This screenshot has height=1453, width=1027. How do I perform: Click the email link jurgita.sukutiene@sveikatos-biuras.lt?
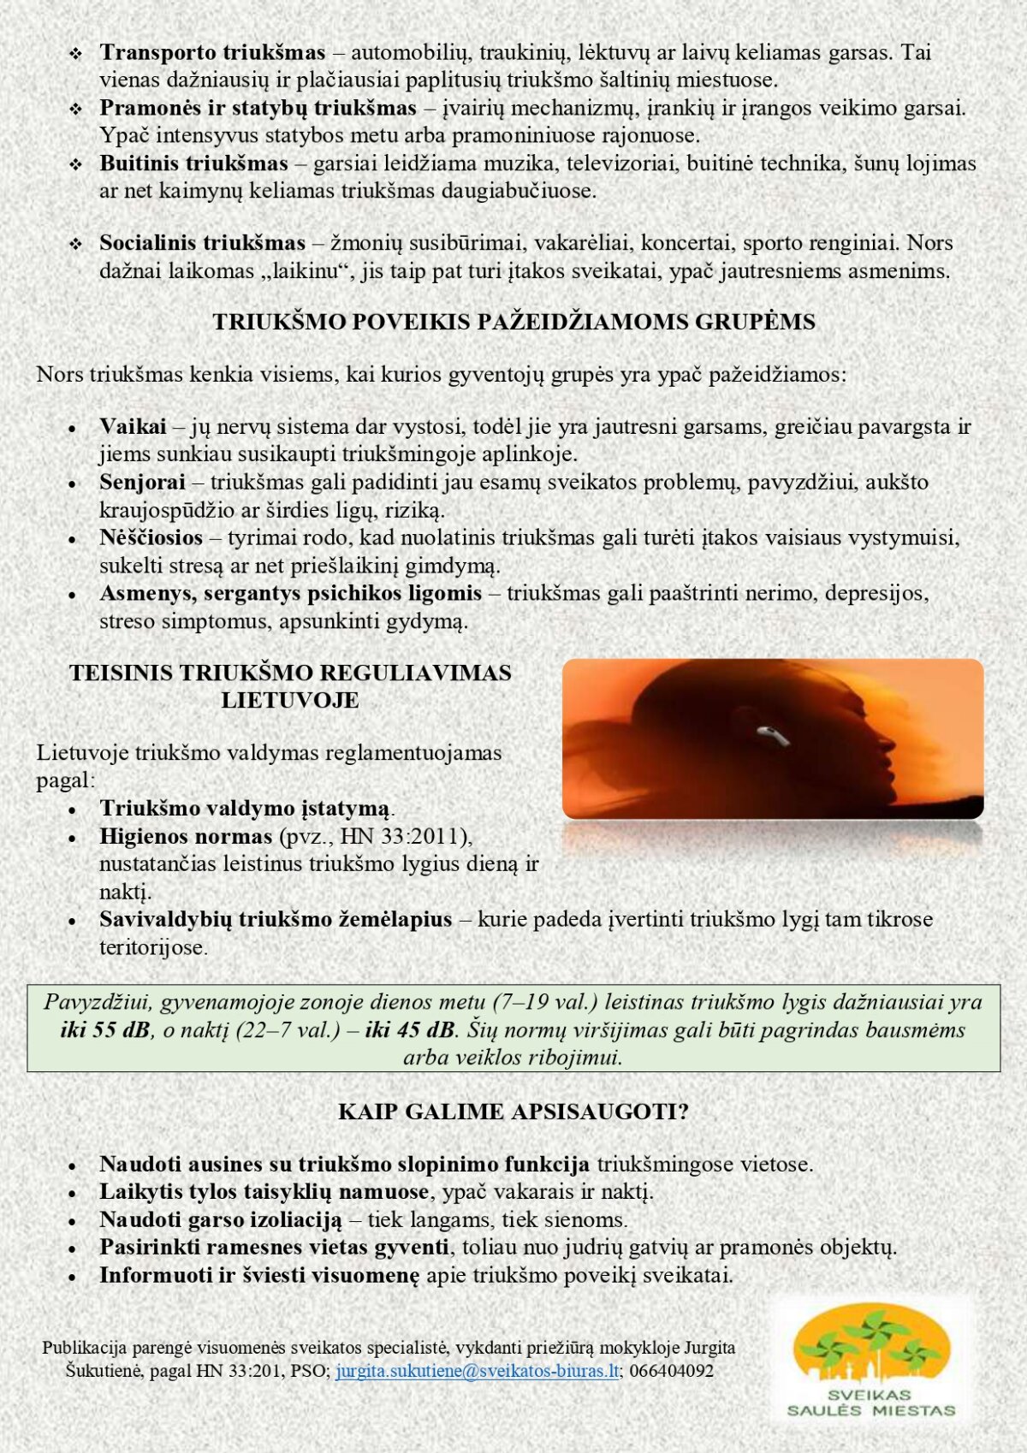click(477, 1371)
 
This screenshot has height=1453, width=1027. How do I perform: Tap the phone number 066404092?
click(671, 1371)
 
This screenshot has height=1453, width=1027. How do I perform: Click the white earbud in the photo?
click(769, 733)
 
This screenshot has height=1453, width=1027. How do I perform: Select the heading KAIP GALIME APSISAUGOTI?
click(513, 1112)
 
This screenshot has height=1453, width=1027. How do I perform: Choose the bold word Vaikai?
click(133, 426)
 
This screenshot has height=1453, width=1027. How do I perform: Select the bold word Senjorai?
click(142, 482)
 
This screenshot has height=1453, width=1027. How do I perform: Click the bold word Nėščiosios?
click(151, 537)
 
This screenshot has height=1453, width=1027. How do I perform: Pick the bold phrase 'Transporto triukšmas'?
click(212, 52)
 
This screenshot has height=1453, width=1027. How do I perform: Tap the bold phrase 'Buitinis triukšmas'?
click(193, 163)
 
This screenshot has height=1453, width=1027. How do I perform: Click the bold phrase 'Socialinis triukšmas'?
click(202, 243)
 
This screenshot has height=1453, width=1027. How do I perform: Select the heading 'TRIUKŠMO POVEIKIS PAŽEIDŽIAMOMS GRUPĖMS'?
click(513, 322)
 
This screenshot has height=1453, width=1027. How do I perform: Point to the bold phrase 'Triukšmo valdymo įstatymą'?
click(245, 808)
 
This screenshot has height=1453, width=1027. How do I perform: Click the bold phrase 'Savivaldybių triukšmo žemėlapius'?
click(276, 919)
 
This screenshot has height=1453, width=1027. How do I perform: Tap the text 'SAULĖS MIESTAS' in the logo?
click(870, 1411)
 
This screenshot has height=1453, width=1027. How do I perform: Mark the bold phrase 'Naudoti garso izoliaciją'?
click(220, 1219)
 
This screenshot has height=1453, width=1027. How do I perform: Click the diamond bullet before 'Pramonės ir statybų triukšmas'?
click(76, 110)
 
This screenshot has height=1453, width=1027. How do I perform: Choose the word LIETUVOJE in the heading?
click(290, 700)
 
